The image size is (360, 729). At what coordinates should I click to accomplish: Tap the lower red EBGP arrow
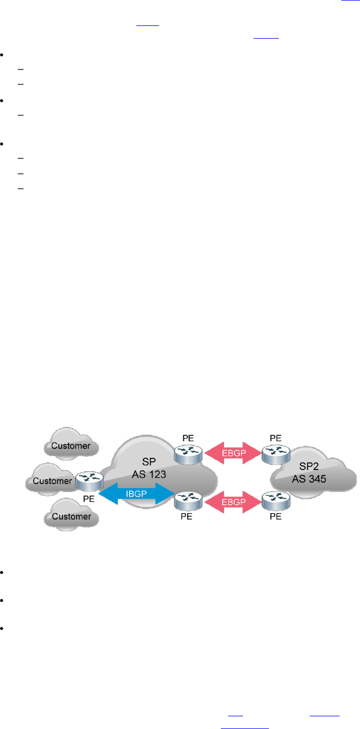tap(232, 501)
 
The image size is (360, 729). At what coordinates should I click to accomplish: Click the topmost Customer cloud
tap(70, 445)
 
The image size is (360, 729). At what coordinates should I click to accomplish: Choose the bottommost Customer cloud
tap(70, 516)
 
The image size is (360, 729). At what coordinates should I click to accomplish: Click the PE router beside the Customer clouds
tap(89, 480)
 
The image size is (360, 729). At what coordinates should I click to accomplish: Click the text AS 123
tap(145, 473)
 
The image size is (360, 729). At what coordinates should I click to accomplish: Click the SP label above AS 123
tap(145, 461)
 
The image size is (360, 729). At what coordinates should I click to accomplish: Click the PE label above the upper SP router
tap(188, 438)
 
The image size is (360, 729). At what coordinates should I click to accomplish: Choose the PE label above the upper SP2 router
tap(276, 438)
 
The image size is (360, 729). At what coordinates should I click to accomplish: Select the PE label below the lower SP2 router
tap(276, 517)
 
